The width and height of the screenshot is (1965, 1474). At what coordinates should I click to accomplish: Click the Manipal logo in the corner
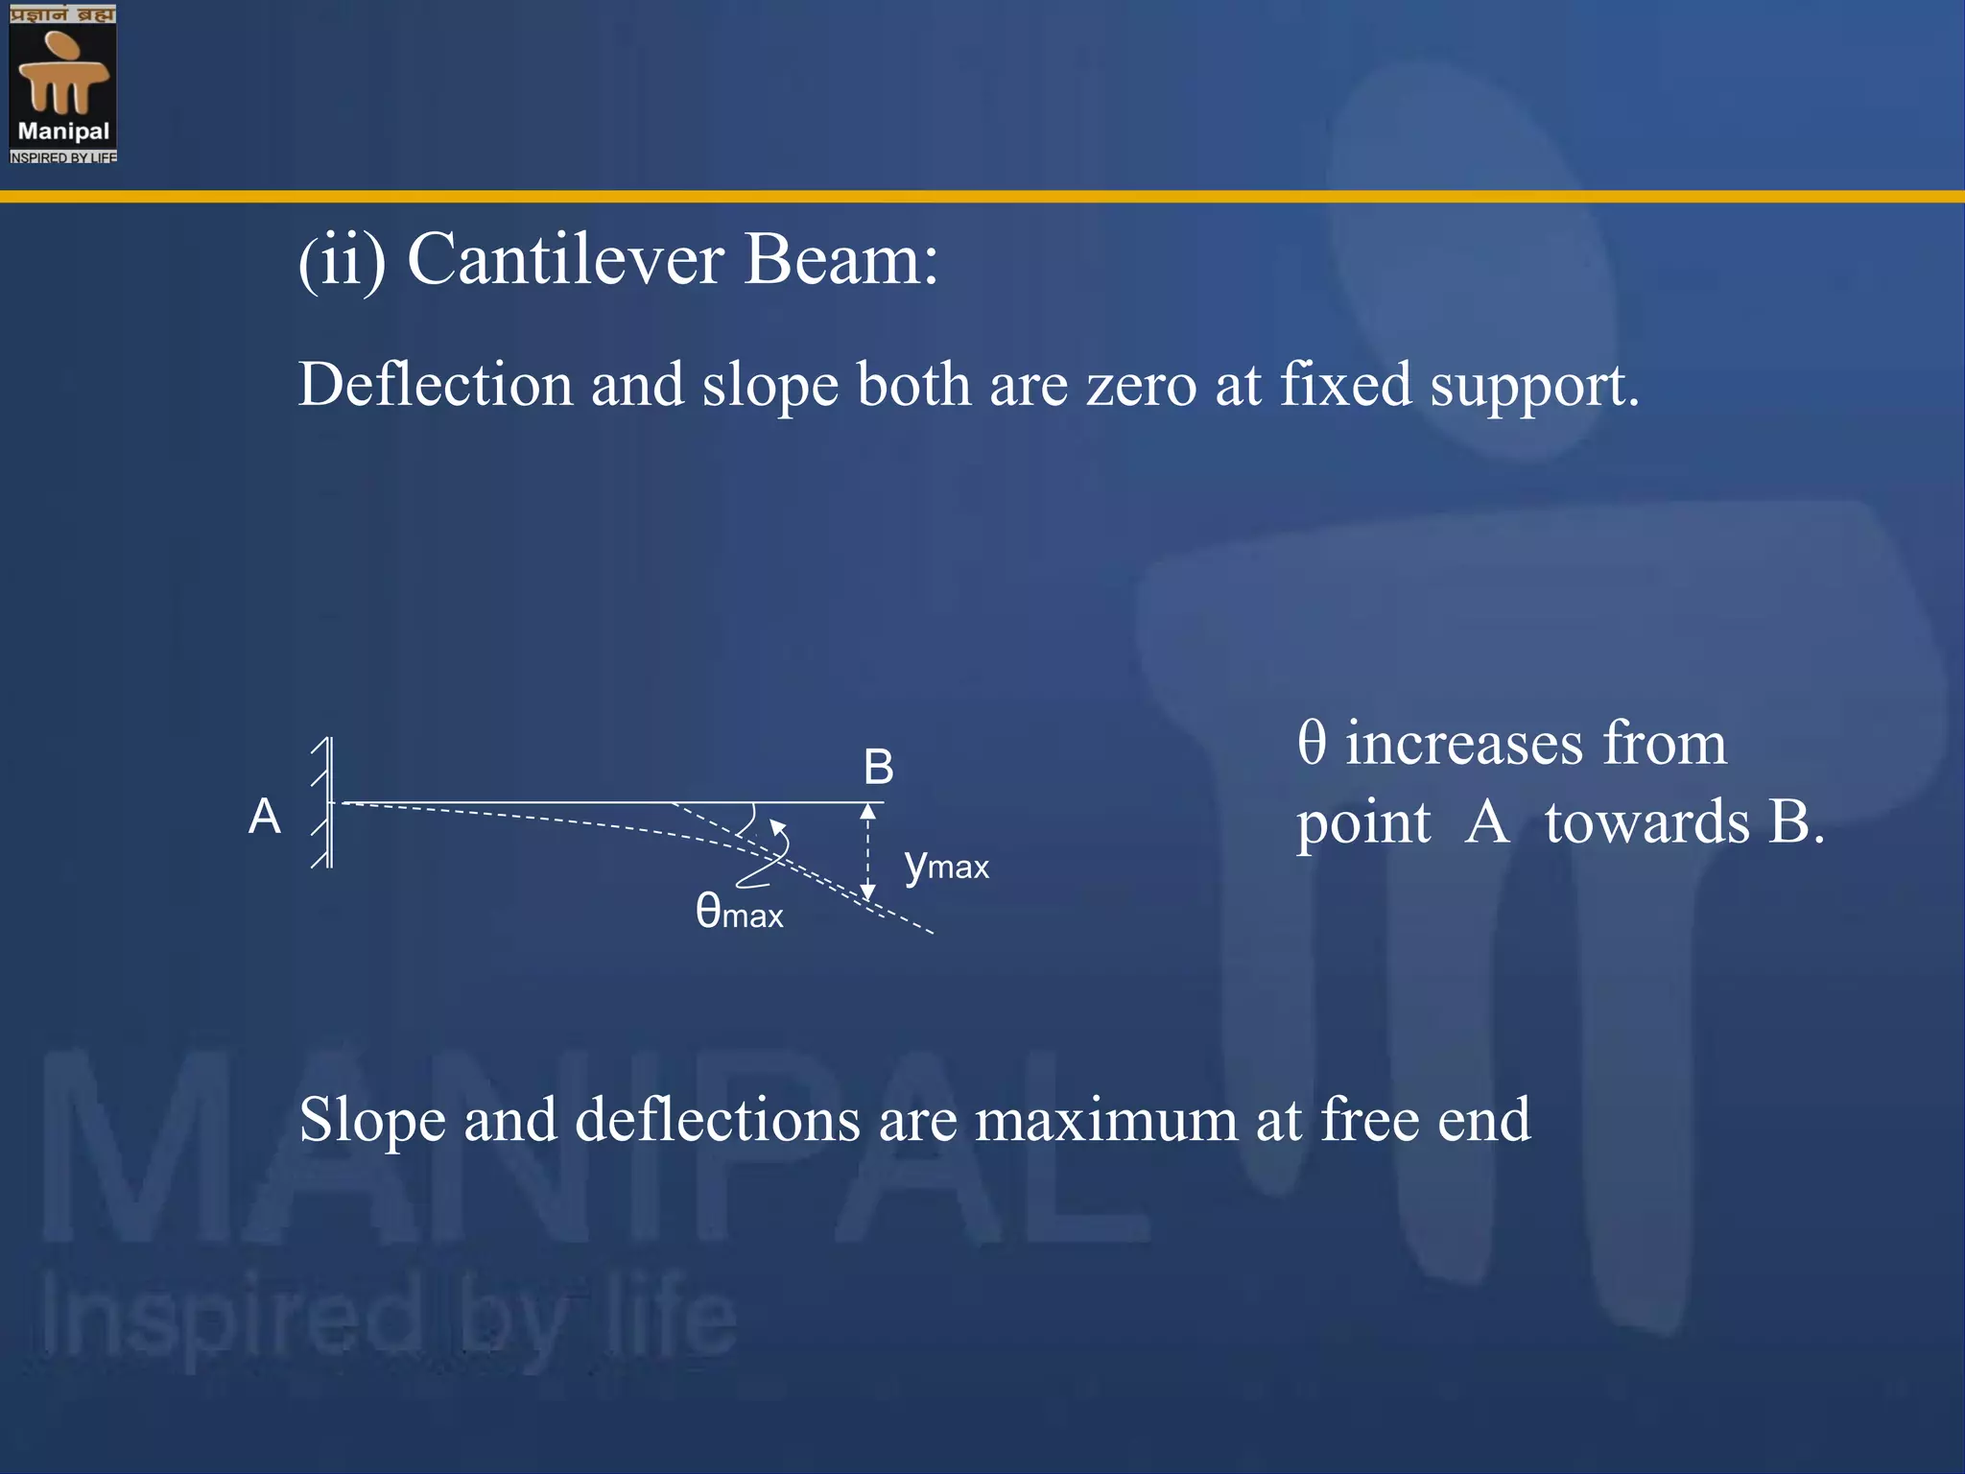pyautogui.click(x=63, y=83)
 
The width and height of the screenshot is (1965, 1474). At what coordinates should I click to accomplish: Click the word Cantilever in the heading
pyautogui.click(x=565, y=260)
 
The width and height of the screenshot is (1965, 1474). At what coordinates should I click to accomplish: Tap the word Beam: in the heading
pyautogui.click(x=840, y=260)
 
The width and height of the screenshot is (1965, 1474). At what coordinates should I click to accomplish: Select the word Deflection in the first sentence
pyautogui.click(x=436, y=385)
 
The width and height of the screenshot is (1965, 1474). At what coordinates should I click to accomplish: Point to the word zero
pyautogui.click(x=1141, y=387)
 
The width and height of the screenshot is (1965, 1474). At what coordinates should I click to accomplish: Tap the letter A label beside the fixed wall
pyautogui.click(x=265, y=817)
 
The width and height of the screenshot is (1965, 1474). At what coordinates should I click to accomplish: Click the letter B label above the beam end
pyautogui.click(x=878, y=768)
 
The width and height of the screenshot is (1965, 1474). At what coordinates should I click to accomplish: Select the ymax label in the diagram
pyautogui.click(x=946, y=865)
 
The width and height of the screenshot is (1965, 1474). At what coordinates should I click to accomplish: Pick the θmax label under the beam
pyautogui.click(x=739, y=911)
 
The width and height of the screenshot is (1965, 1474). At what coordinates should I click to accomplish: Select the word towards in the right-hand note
pyautogui.click(x=1646, y=822)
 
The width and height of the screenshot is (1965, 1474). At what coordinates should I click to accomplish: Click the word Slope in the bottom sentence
pyautogui.click(x=372, y=1120)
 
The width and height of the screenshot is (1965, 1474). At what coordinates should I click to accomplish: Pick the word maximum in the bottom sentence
pyautogui.click(x=1105, y=1120)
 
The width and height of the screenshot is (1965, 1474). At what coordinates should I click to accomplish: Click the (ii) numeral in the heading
pyautogui.click(x=343, y=260)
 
